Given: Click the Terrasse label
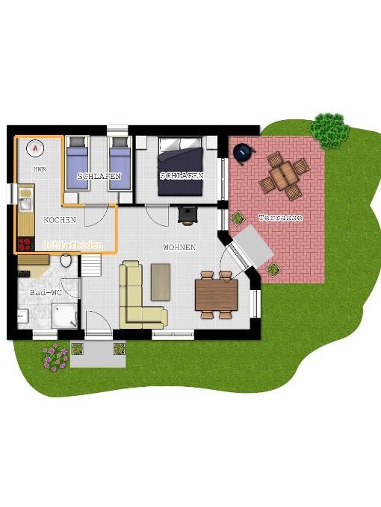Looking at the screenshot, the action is pos(281,218).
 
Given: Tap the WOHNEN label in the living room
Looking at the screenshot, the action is pos(179,247).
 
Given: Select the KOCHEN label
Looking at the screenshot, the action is pos(60,220).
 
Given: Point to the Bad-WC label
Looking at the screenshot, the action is pos(46,292).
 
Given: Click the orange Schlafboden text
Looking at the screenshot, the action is pos(72,245).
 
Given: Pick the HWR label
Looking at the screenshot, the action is pos(40,169).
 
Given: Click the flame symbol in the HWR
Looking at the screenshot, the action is pos(35,148).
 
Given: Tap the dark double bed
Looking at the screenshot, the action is pos(181,166).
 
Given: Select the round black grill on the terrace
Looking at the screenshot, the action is pos(244,154).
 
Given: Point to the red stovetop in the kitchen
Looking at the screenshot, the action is pos(25,245).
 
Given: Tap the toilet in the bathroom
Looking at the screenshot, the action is pos(66,261).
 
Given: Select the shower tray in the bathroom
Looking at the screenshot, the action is pos(65,315).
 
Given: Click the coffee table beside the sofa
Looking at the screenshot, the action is pos(161,283).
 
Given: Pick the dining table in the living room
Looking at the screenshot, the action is pos(217,295).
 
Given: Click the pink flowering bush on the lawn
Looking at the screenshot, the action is pos(55,356).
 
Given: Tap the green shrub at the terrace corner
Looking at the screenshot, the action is pos(329,130).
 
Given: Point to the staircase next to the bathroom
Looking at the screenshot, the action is pos(91,265).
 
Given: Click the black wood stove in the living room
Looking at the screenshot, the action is pos(188,215).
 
